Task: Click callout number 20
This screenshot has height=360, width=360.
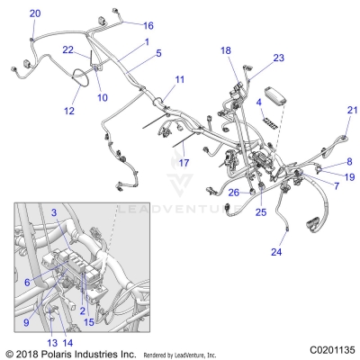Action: (x=35, y=13)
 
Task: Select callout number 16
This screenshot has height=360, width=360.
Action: (x=148, y=25)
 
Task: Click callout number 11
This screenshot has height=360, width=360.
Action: (x=180, y=80)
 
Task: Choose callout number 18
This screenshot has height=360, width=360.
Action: (x=226, y=50)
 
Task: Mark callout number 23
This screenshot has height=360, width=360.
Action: (x=279, y=58)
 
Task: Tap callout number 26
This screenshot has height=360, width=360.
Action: (x=232, y=192)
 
